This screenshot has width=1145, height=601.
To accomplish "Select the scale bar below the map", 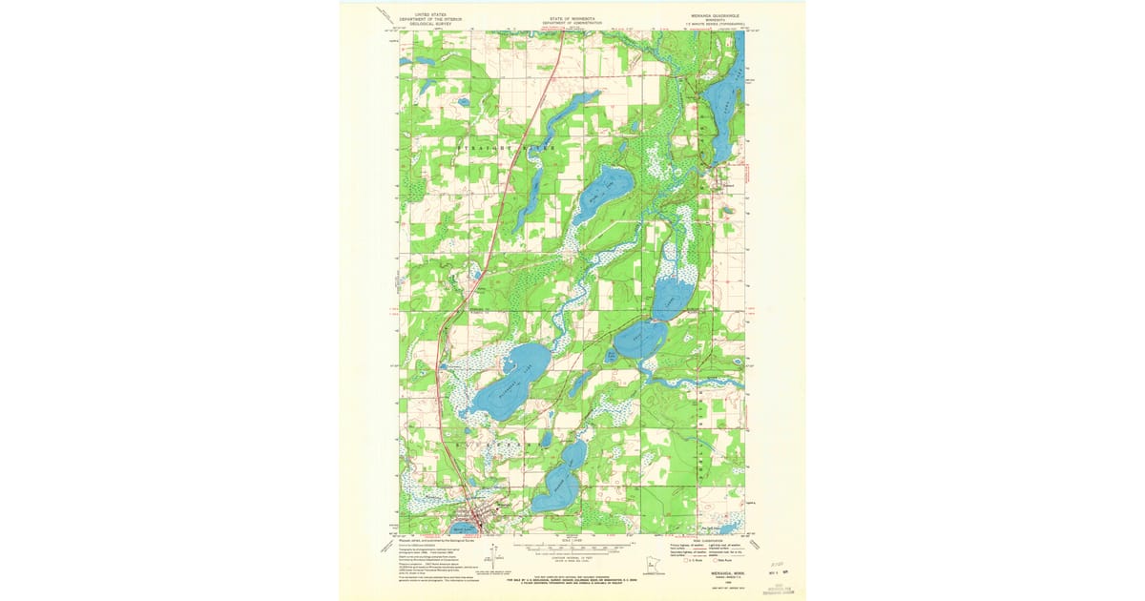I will pos(572,549).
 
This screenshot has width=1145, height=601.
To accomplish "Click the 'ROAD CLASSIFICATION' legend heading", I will pos(713,539).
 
